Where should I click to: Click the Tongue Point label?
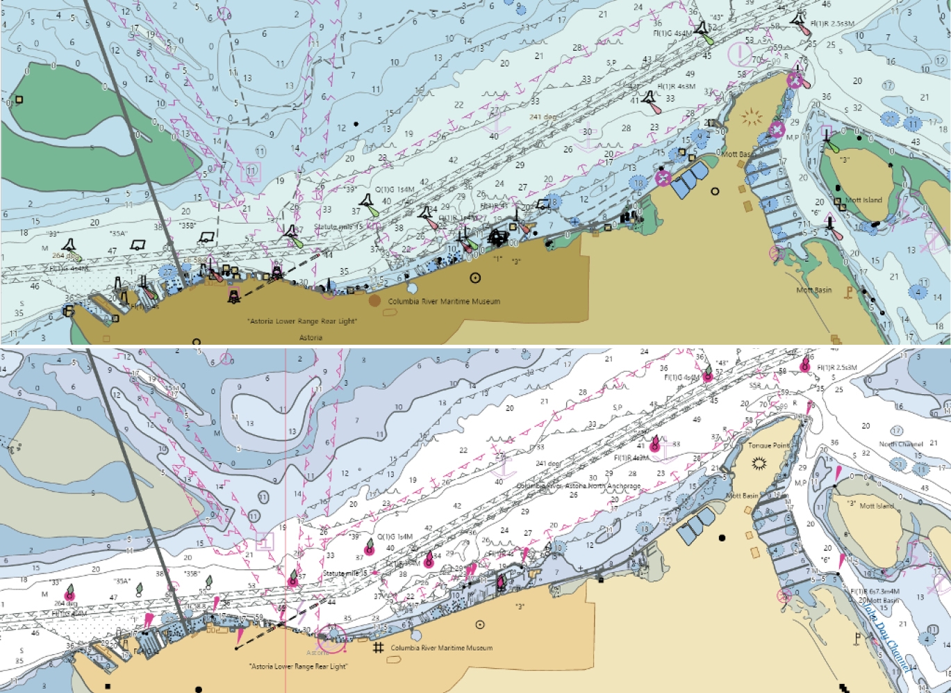pyautogui.click(x=769, y=446)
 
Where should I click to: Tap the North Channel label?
pyautogui.click(x=901, y=444)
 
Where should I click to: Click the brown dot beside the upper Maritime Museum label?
pyautogui.click(x=375, y=300)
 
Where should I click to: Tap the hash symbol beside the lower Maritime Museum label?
pyautogui.click(x=379, y=648)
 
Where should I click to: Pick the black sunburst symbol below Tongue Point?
pyautogui.click(x=759, y=462)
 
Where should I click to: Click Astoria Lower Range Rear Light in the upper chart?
pyautogui.click(x=302, y=321)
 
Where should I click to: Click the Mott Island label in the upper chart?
pyautogui.click(x=863, y=200)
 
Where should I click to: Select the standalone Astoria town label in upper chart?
pyautogui.click(x=311, y=338)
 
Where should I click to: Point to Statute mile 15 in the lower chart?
pyautogui.click(x=345, y=573)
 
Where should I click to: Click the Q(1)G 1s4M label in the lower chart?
pyautogui.click(x=395, y=537)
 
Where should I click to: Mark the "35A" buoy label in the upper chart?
pyautogui.click(x=119, y=234)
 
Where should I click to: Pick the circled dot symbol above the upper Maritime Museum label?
pyautogui.click(x=475, y=277)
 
